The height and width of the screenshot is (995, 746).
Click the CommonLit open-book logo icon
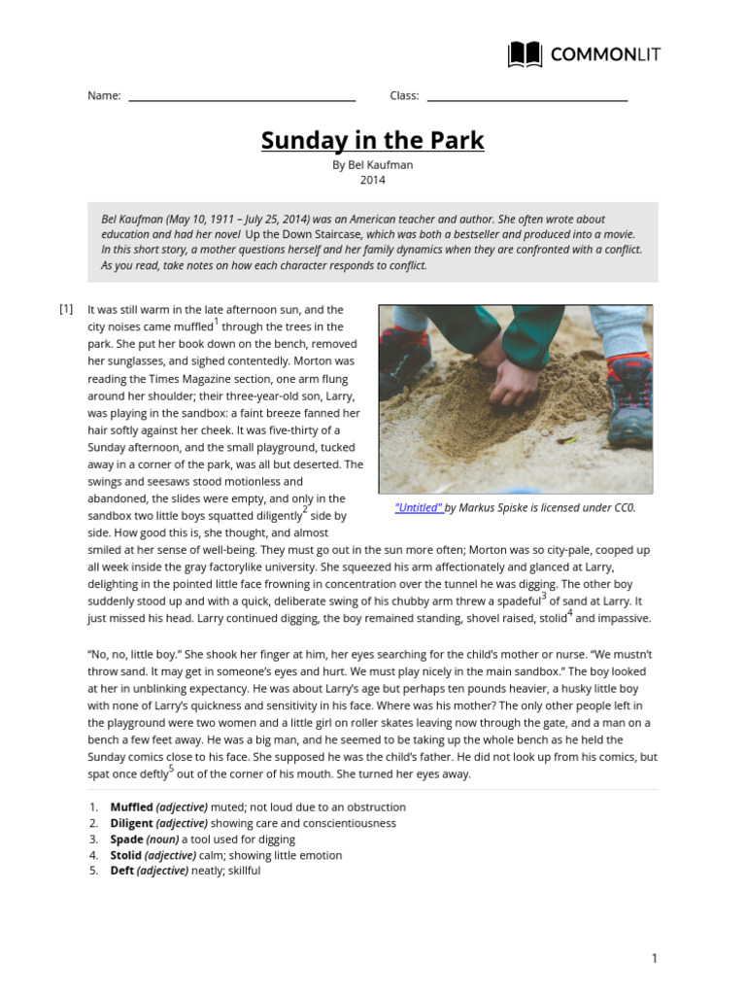pyautogui.click(x=525, y=54)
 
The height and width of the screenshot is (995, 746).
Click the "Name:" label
pyautogui.click(x=104, y=95)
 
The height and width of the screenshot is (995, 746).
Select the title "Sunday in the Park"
pyautogui.click(x=372, y=141)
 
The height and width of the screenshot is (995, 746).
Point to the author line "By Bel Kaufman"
pyautogui.click(x=372, y=165)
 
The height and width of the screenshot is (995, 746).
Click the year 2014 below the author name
pyautogui.click(x=372, y=180)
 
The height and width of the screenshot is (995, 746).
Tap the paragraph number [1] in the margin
pyautogui.click(x=66, y=309)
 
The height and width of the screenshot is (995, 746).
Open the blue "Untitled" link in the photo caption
pyautogui.click(x=419, y=508)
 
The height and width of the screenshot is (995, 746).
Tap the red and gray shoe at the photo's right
pyautogui.click(x=628, y=398)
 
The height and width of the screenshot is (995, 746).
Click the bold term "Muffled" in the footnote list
pyautogui.click(x=131, y=807)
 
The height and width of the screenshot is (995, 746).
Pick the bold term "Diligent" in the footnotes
pyautogui.click(x=131, y=823)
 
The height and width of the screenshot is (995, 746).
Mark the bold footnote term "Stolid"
pyautogui.click(x=126, y=855)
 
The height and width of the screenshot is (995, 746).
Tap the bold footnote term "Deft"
pyautogui.click(x=122, y=872)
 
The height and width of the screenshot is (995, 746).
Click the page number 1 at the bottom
pyautogui.click(x=654, y=959)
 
